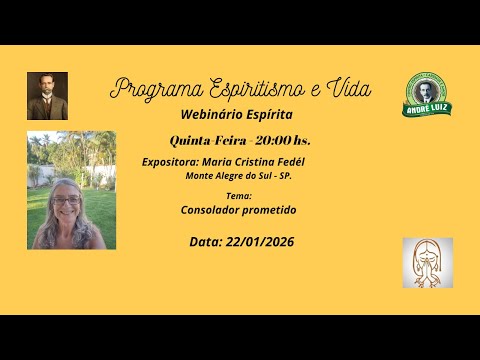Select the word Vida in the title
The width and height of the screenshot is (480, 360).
tap(348, 88)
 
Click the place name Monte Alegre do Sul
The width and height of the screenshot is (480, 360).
tap(234, 176)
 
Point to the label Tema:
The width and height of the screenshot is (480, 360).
tap(239, 197)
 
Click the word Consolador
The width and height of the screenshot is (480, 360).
tap(211, 211)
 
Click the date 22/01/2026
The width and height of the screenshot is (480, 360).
tap(259, 242)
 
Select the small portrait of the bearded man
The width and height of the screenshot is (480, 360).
tap(47, 96)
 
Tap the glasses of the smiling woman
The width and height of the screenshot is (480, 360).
tap(67, 201)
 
